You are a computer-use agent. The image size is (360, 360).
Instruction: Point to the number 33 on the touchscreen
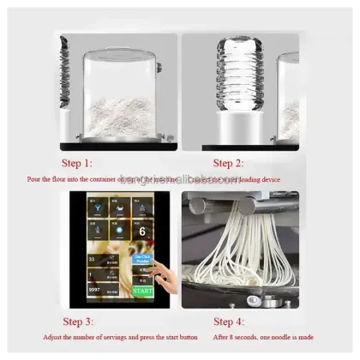tap(91, 257)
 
